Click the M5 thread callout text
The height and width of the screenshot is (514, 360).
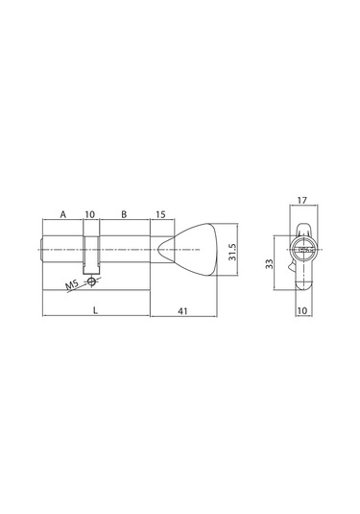(x=72, y=287)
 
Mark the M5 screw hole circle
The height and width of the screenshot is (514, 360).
(x=91, y=281)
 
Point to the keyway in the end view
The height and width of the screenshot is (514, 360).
(x=304, y=252)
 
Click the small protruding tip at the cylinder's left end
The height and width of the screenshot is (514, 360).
(x=41, y=253)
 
